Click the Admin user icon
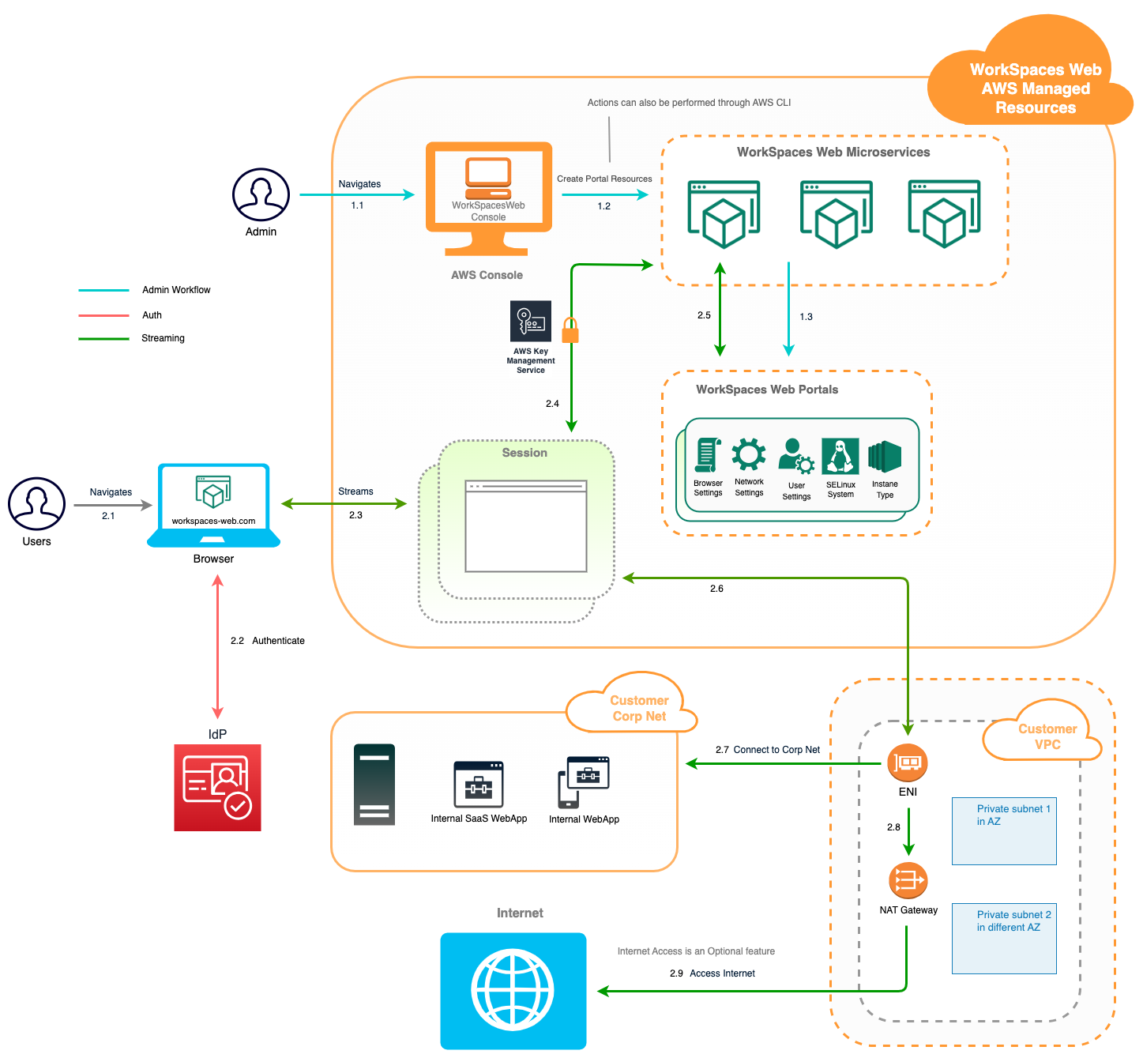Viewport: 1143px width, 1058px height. (x=261, y=194)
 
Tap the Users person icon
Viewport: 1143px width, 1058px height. (x=36, y=503)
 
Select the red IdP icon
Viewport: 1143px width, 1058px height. (x=217, y=787)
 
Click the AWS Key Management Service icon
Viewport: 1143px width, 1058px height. (x=531, y=321)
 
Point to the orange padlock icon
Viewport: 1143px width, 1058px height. (x=570, y=330)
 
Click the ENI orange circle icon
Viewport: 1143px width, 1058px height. (x=908, y=762)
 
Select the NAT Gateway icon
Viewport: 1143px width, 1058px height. (x=908, y=880)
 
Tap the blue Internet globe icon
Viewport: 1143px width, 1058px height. (x=513, y=991)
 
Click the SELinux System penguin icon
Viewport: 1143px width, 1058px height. (x=840, y=456)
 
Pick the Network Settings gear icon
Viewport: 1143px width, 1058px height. (x=749, y=455)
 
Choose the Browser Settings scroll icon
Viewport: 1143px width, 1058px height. (x=708, y=455)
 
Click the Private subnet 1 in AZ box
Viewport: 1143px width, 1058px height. (x=1004, y=830)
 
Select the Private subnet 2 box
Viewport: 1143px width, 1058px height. (x=1004, y=938)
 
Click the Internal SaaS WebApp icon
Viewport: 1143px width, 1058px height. (x=478, y=785)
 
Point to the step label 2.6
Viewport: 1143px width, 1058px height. (x=716, y=588)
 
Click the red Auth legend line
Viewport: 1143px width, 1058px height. (x=103, y=315)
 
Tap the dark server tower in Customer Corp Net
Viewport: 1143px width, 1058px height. (x=374, y=785)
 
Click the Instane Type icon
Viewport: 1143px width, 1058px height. (x=885, y=456)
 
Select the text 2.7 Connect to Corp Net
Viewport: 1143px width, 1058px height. (x=768, y=749)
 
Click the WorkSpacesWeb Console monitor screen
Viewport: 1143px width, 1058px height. (x=489, y=186)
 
